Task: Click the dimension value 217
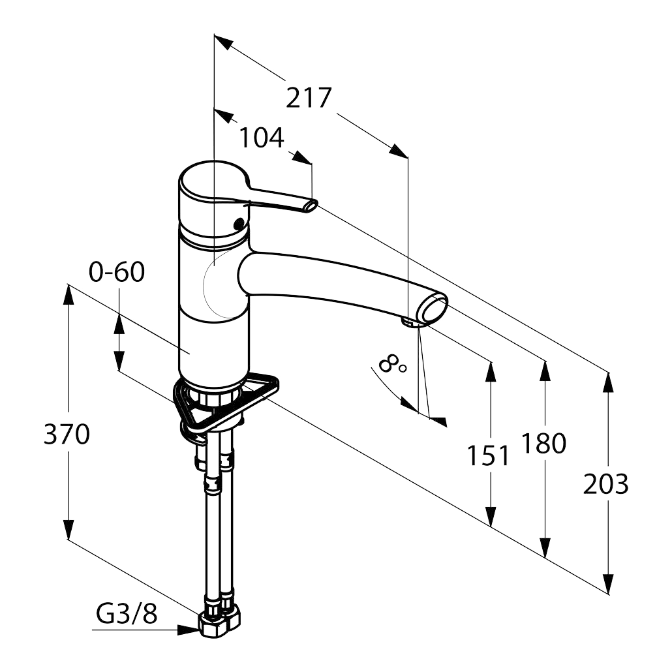point(309,98)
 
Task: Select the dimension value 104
point(261,138)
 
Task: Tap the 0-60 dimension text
point(117,272)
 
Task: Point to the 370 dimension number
point(67,434)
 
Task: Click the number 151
point(489,456)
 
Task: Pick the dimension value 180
point(543,444)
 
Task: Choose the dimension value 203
point(606,484)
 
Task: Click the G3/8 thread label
point(127,613)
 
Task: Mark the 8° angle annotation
point(392,363)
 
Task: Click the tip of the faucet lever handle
point(311,206)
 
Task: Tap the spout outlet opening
point(435,309)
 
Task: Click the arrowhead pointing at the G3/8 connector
point(188,630)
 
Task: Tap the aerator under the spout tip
point(411,321)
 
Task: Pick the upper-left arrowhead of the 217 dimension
point(224,43)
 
